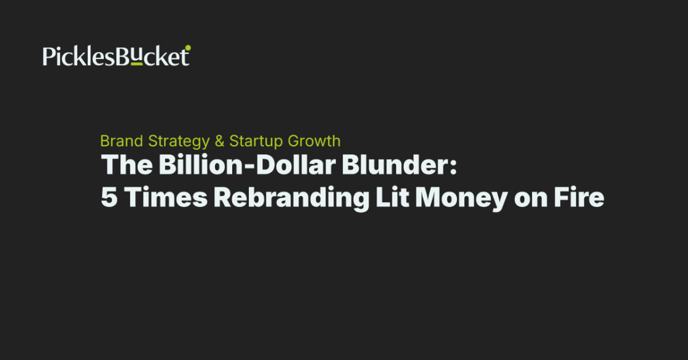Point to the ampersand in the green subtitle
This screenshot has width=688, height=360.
pos(219,141)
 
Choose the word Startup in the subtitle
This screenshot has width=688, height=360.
pos(256,141)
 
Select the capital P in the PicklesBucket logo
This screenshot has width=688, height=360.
pos(49,57)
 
